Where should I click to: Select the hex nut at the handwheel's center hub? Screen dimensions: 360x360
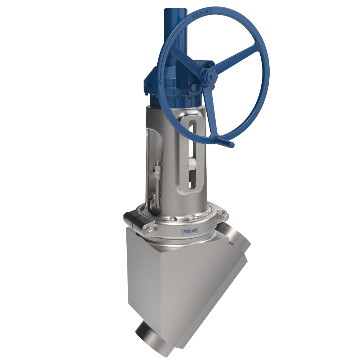click(210, 76)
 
